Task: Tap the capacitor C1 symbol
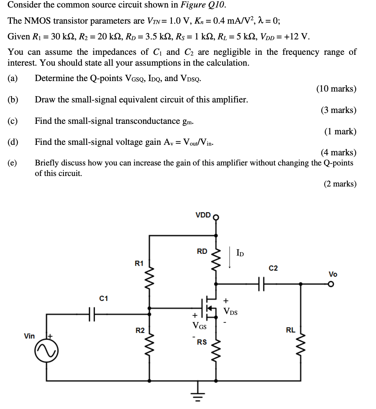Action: [x=92, y=312]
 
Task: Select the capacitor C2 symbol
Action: [x=263, y=284]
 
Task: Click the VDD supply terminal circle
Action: [x=216, y=217]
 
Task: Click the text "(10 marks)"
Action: [x=336, y=89]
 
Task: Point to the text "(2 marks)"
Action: [x=340, y=183]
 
